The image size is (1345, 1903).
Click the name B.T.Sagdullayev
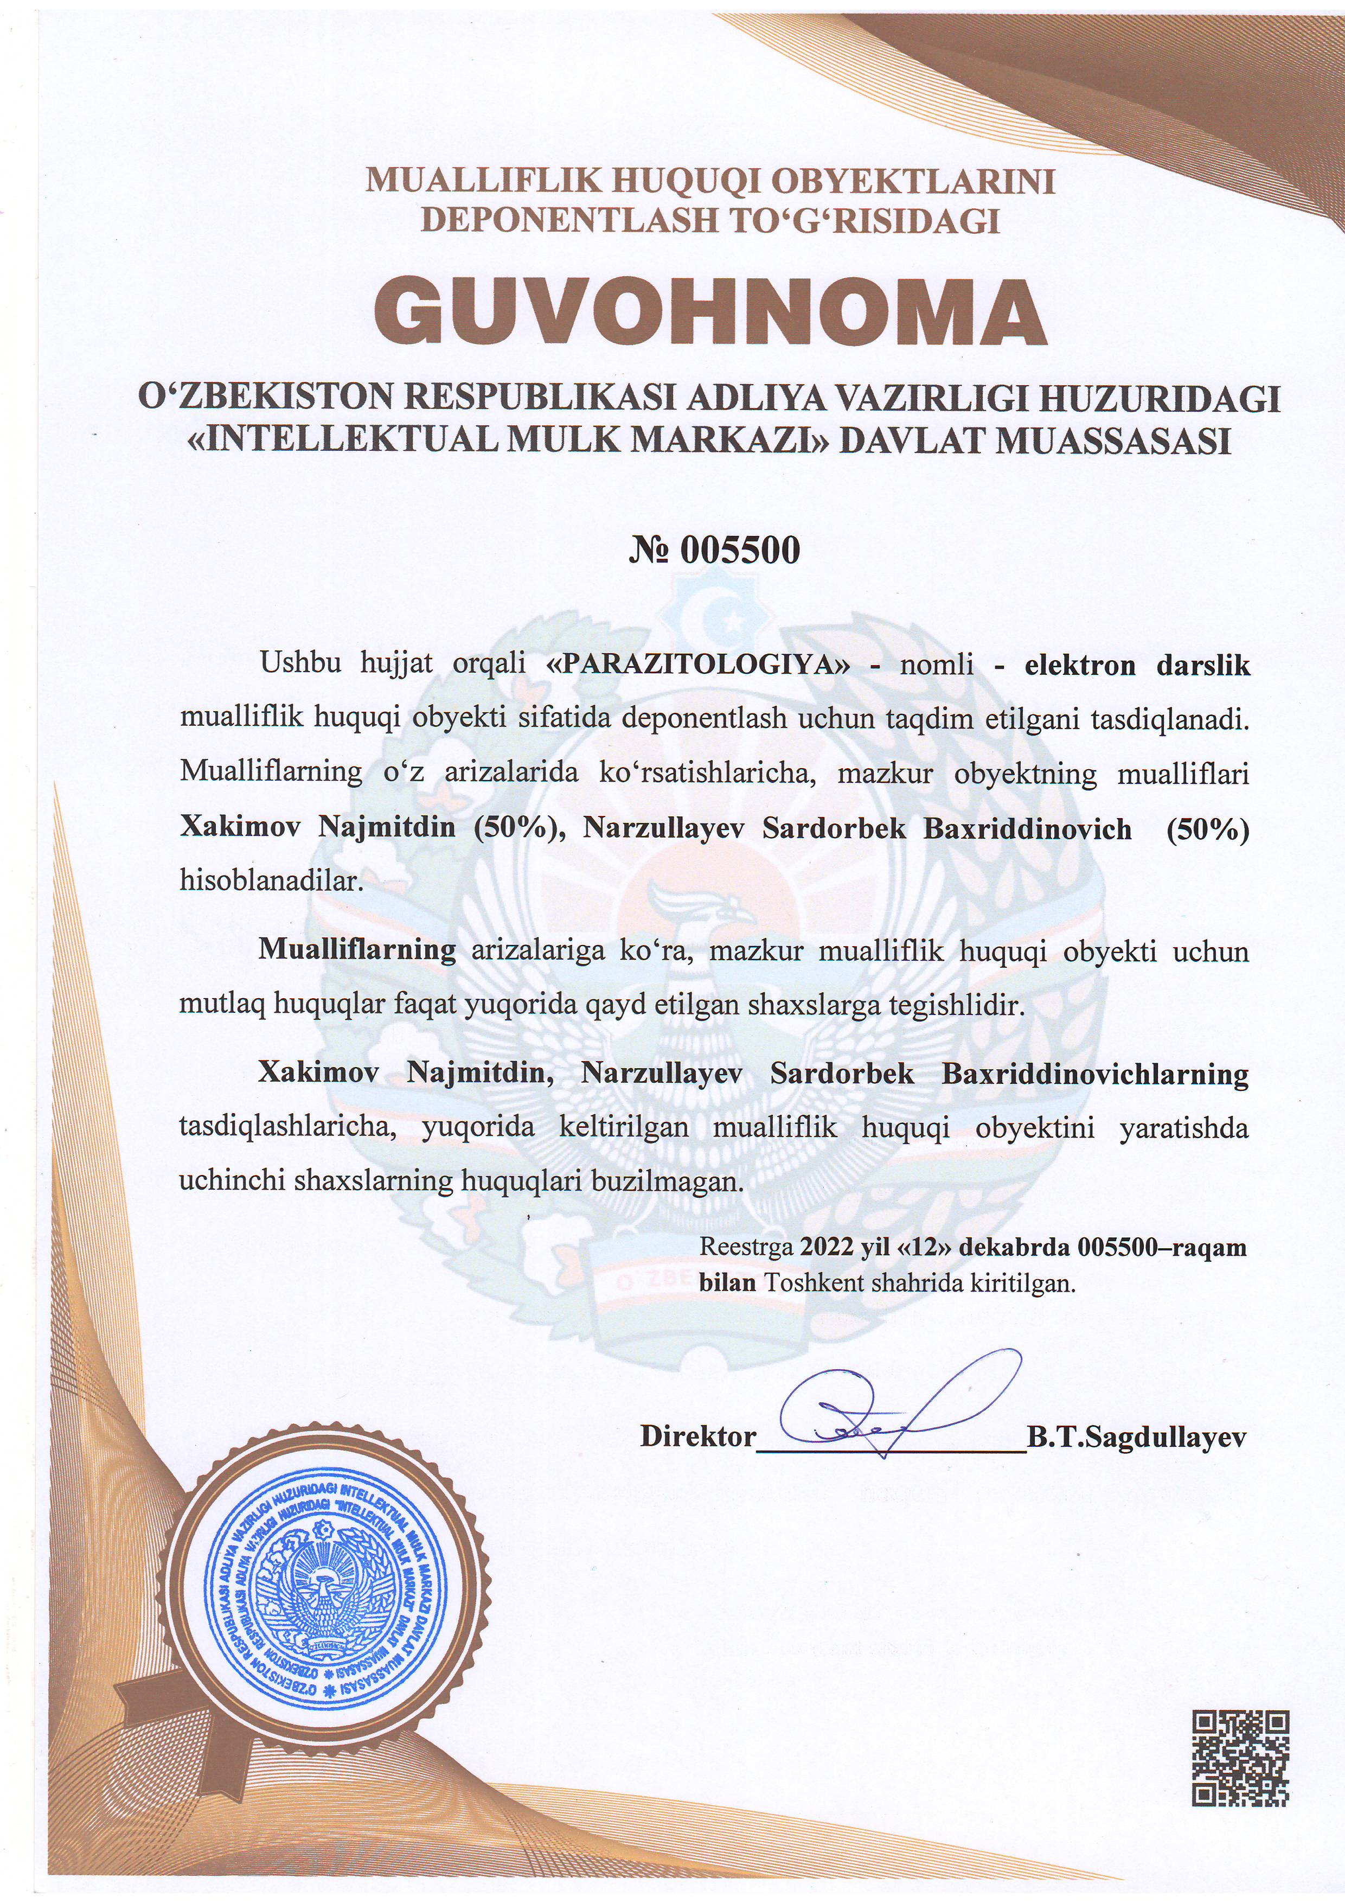pos(1136,1436)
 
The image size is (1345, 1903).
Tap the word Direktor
pos(698,1436)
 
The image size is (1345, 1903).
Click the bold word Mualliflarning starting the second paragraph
pos(356,950)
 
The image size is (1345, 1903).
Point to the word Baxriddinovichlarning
pos(1095,1074)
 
